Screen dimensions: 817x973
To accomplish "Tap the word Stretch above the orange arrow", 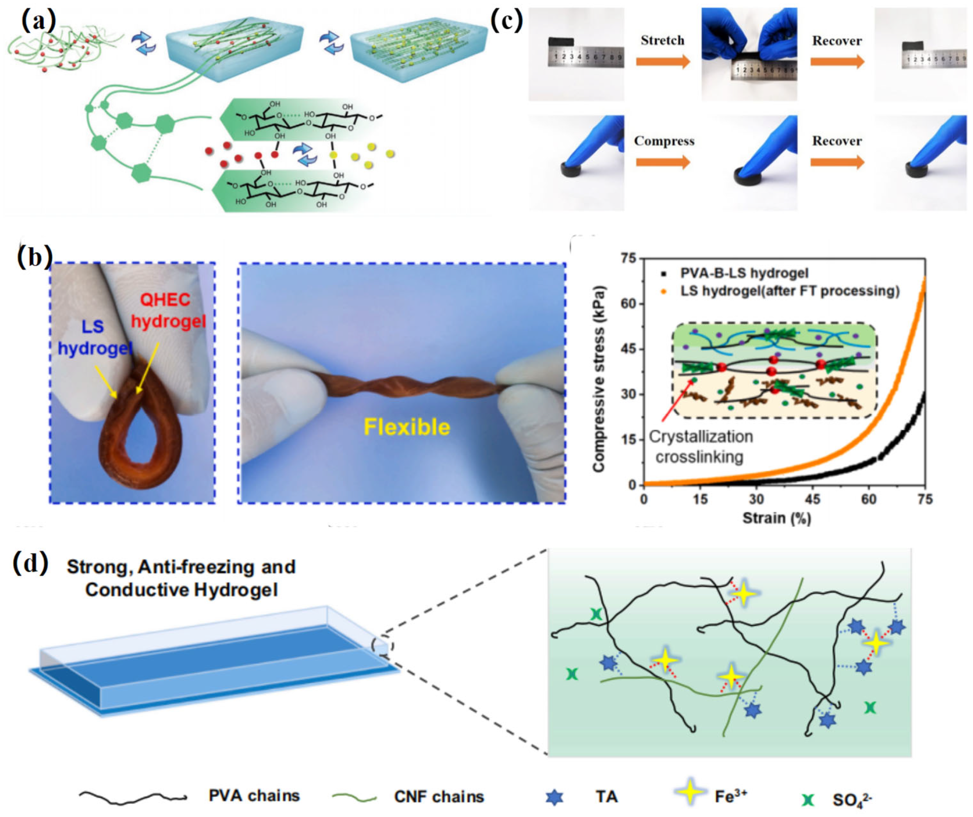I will (662, 41).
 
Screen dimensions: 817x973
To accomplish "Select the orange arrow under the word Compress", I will (663, 162).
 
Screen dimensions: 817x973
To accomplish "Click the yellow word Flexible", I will (406, 427).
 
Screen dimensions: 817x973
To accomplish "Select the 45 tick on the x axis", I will (813, 499).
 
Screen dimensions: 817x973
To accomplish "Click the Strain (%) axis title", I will (776, 518).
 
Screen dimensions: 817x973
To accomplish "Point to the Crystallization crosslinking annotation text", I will (700, 446).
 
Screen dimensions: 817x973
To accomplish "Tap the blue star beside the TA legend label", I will (554, 797).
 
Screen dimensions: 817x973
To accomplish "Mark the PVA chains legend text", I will (254, 796).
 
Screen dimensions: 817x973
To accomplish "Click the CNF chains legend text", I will (439, 797).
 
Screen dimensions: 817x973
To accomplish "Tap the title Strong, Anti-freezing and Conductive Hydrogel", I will (181, 578).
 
